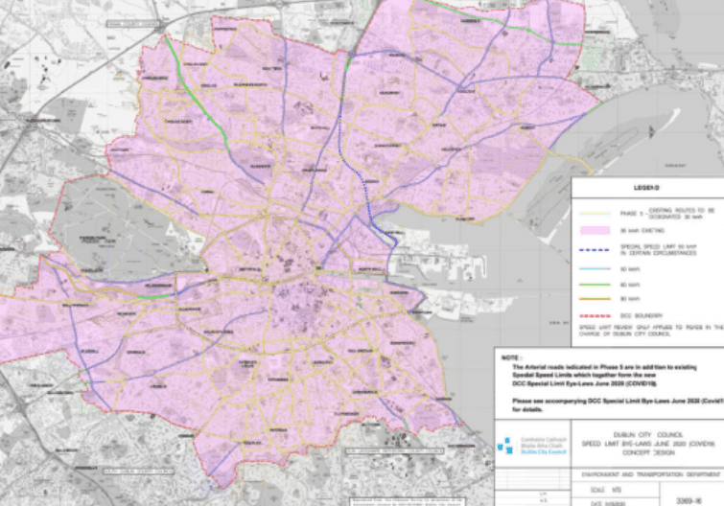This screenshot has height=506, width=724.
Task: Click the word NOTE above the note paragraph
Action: click(512, 356)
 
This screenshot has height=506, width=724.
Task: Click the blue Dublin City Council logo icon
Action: click(504, 446)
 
